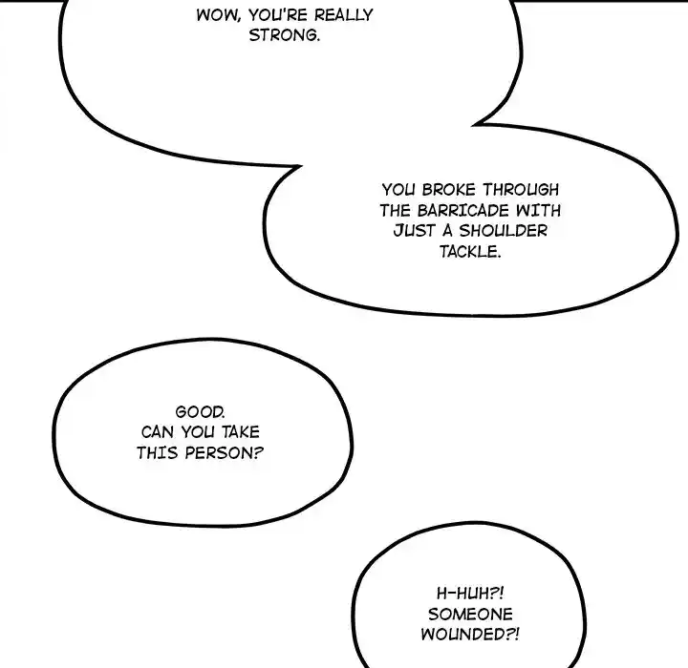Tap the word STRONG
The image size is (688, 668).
283,36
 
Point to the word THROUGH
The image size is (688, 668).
520,189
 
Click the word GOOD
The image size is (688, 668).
202,411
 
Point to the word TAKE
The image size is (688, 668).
240,432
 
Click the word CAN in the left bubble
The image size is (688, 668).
159,432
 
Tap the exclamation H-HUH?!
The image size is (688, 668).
469,594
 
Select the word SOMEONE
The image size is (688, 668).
469,615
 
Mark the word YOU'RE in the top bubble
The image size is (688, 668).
271,15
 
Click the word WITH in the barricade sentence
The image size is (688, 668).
539,211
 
